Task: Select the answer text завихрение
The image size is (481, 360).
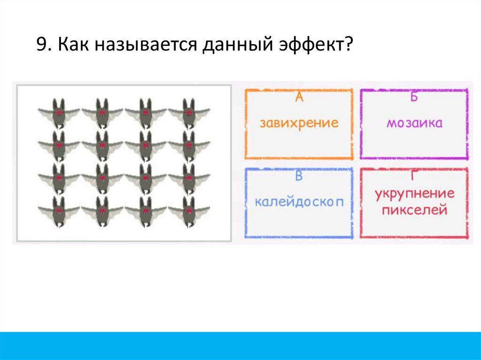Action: (x=299, y=123)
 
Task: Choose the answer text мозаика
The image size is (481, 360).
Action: (x=415, y=123)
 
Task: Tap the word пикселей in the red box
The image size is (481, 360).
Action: (x=414, y=210)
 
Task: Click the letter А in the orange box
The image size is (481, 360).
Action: (x=299, y=98)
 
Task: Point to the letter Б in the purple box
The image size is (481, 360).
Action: (x=414, y=98)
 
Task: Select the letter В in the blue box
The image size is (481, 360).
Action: (x=299, y=176)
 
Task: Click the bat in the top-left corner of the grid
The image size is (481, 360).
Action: (x=58, y=113)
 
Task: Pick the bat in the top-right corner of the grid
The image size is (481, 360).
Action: (x=189, y=113)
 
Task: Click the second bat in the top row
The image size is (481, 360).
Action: (x=102, y=113)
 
